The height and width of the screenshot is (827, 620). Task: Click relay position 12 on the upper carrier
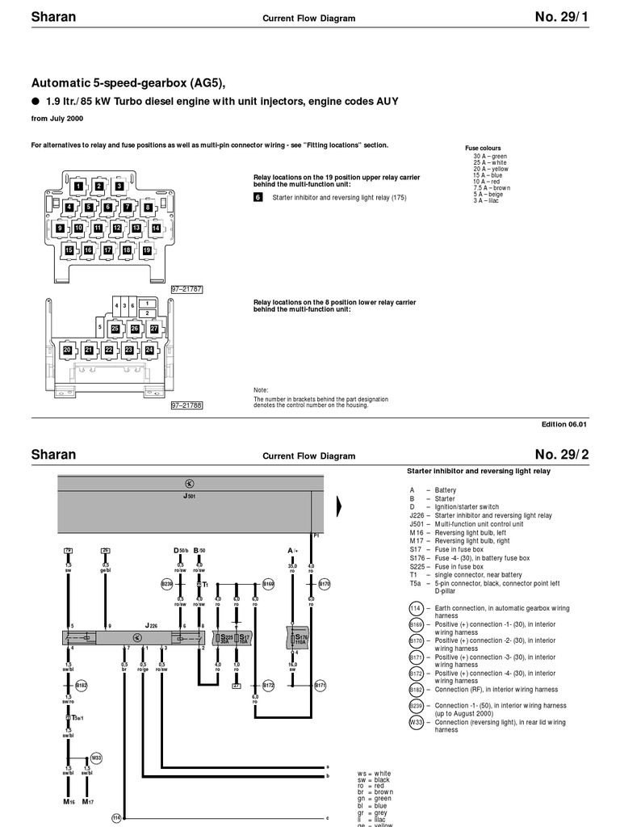[117, 228]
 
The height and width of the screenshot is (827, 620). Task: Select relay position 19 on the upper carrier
[147, 250]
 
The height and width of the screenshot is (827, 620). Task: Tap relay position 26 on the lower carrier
[135, 329]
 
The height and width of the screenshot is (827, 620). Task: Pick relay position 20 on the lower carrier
[68, 350]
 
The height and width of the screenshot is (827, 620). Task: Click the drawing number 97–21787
[186, 288]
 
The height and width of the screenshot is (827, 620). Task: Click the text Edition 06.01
[564, 424]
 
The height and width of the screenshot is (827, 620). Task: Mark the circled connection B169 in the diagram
[269, 582]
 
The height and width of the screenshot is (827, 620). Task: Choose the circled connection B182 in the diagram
[82, 685]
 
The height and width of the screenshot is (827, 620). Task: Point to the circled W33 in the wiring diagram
[96, 758]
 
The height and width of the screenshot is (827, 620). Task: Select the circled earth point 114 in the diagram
[116, 817]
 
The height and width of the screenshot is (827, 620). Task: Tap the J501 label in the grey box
[190, 496]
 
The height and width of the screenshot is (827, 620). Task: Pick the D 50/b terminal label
[180, 551]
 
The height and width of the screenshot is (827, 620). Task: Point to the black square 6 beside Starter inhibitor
[258, 196]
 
